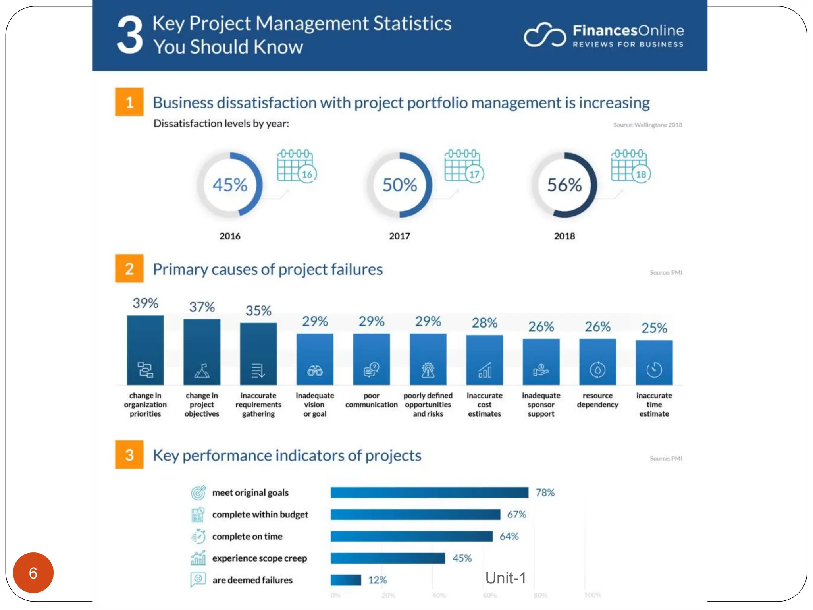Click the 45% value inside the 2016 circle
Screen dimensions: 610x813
click(x=229, y=185)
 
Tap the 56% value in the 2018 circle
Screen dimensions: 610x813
click(x=564, y=185)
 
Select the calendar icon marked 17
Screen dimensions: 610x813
click(x=463, y=166)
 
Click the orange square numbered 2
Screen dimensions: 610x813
click(x=129, y=269)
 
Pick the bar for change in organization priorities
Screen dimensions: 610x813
click(x=145, y=349)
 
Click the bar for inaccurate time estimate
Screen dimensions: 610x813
click(x=654, y=362)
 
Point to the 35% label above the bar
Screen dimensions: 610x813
click(x=258, y=311)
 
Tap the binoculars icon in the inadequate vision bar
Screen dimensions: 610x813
click(x=315, y=371)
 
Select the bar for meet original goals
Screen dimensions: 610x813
click(x=429, y=492)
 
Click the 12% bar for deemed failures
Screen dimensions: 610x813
click(x=346, y=580)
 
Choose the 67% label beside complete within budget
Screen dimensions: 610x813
click(x=516, y=514)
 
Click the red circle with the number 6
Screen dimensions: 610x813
click(x=33, y=573)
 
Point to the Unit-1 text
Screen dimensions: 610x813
click(x=505, y=578)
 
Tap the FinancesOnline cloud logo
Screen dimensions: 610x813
click(x=545, y=35)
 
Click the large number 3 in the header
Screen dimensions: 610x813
click(x=130, y=36)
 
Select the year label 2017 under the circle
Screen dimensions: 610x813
click(x=399, y=236)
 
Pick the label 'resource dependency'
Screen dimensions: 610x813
click(x=597, y=400)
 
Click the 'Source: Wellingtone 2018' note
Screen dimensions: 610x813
click(x=647, y=125)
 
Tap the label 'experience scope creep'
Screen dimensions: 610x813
click(x=260, y=558)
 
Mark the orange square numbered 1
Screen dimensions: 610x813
click(x=129, y=102)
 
